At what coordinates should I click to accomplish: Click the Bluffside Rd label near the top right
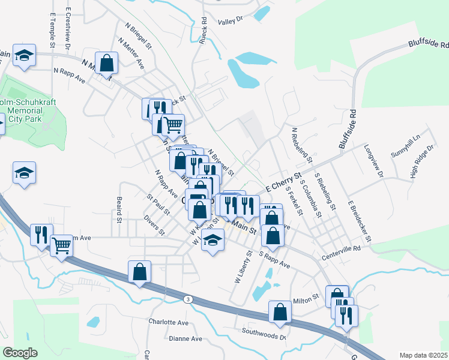tap(429, 44)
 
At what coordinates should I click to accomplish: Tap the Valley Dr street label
tap(230, 20)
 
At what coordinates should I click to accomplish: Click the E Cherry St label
tap(279, 180)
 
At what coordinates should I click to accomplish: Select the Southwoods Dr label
tap(264, 332)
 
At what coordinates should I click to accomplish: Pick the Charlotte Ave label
tap(169, 322)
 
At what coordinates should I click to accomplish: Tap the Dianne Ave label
tap(185, 338)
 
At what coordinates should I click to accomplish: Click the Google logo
tap(20, 353)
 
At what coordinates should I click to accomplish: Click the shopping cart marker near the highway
tap(62, 245)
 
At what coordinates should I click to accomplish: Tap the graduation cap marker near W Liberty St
tap(211, 241)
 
